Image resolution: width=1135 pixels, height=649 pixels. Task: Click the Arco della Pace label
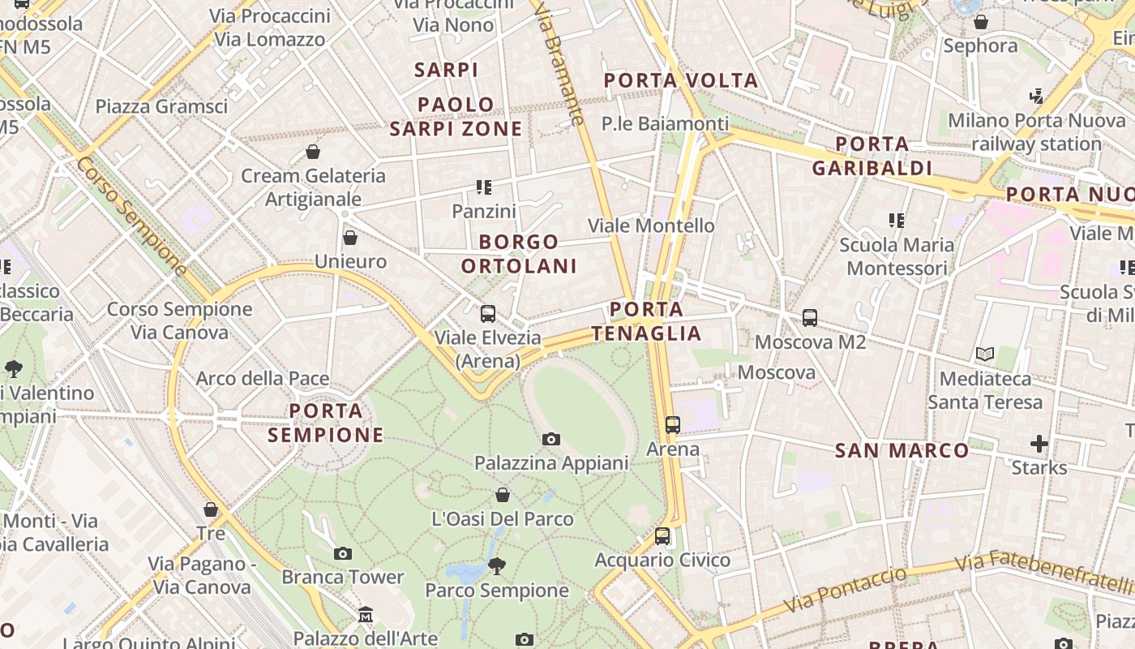263,378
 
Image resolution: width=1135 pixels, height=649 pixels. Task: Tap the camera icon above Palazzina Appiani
551,439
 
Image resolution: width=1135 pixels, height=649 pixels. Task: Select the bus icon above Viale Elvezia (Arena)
488,314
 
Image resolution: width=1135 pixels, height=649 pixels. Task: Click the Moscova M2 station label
810,342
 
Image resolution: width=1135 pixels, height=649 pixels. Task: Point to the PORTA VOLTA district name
681,80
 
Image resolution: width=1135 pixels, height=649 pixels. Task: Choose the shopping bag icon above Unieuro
350,238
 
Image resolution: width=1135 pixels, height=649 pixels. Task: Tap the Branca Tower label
342,577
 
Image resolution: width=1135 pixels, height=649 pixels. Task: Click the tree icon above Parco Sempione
497,566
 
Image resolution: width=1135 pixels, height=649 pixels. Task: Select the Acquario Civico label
662,560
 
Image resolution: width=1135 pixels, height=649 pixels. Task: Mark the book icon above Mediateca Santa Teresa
985,355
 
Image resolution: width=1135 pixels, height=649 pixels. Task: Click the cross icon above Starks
1039,444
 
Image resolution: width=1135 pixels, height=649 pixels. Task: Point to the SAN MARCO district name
902,450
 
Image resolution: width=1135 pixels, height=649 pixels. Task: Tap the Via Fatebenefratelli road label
1043,573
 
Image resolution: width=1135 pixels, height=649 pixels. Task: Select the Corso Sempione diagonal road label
131,214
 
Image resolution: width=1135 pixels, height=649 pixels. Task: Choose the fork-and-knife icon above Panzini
484,187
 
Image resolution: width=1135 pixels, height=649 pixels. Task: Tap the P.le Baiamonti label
665,123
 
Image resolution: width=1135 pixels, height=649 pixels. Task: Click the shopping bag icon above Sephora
981,22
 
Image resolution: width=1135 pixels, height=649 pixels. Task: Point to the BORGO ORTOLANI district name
519,253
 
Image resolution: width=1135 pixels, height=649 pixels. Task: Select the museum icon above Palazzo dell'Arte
366,614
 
